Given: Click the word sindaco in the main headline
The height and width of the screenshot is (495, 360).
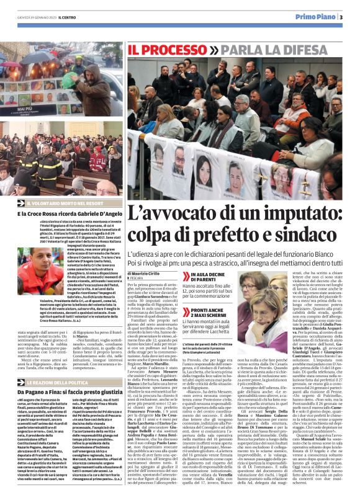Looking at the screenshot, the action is coord(308,236).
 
